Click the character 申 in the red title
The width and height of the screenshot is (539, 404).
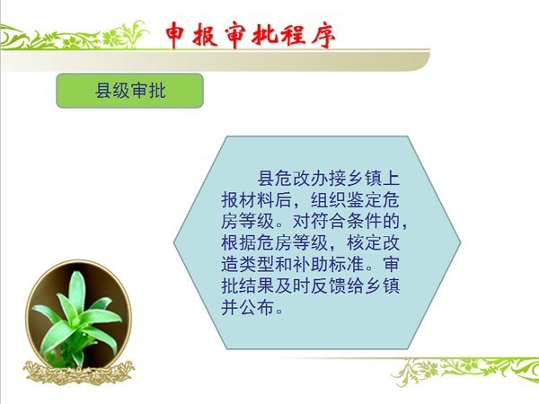click(176, 35)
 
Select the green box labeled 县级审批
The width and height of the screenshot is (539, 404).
click(130, 91)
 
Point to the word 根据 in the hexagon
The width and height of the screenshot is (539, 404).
click(239, 242)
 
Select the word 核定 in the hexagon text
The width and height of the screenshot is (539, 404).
click(364, 242)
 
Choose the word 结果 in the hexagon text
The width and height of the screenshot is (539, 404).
click(257, 285)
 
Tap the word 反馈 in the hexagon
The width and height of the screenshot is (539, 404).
click(328, 285)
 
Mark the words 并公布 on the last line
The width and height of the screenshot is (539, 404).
click(248, 307)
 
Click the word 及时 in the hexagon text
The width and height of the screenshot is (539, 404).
click(293, 285)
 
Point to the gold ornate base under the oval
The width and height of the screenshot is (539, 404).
click(79, 373)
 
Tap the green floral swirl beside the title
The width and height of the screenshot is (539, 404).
click(74, 37)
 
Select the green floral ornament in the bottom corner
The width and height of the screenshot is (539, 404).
click(465, 371)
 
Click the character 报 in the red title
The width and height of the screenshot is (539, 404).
click(205, 35)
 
